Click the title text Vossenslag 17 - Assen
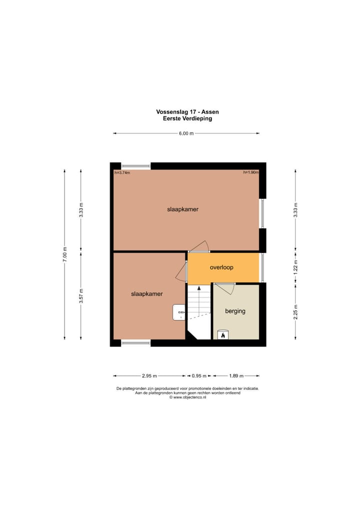187,112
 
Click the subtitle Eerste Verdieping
187,118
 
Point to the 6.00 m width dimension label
186,133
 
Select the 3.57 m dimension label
81,296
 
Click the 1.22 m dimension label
295,267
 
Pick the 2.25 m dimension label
295,311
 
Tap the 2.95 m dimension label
149,376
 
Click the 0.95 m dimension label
199,376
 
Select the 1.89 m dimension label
236,376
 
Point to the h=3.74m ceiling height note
122,172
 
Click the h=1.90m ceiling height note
250,172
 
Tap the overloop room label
221,267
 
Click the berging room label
235,311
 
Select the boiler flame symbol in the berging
222,335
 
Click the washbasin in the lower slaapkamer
178,312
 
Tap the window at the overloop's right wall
261,267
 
